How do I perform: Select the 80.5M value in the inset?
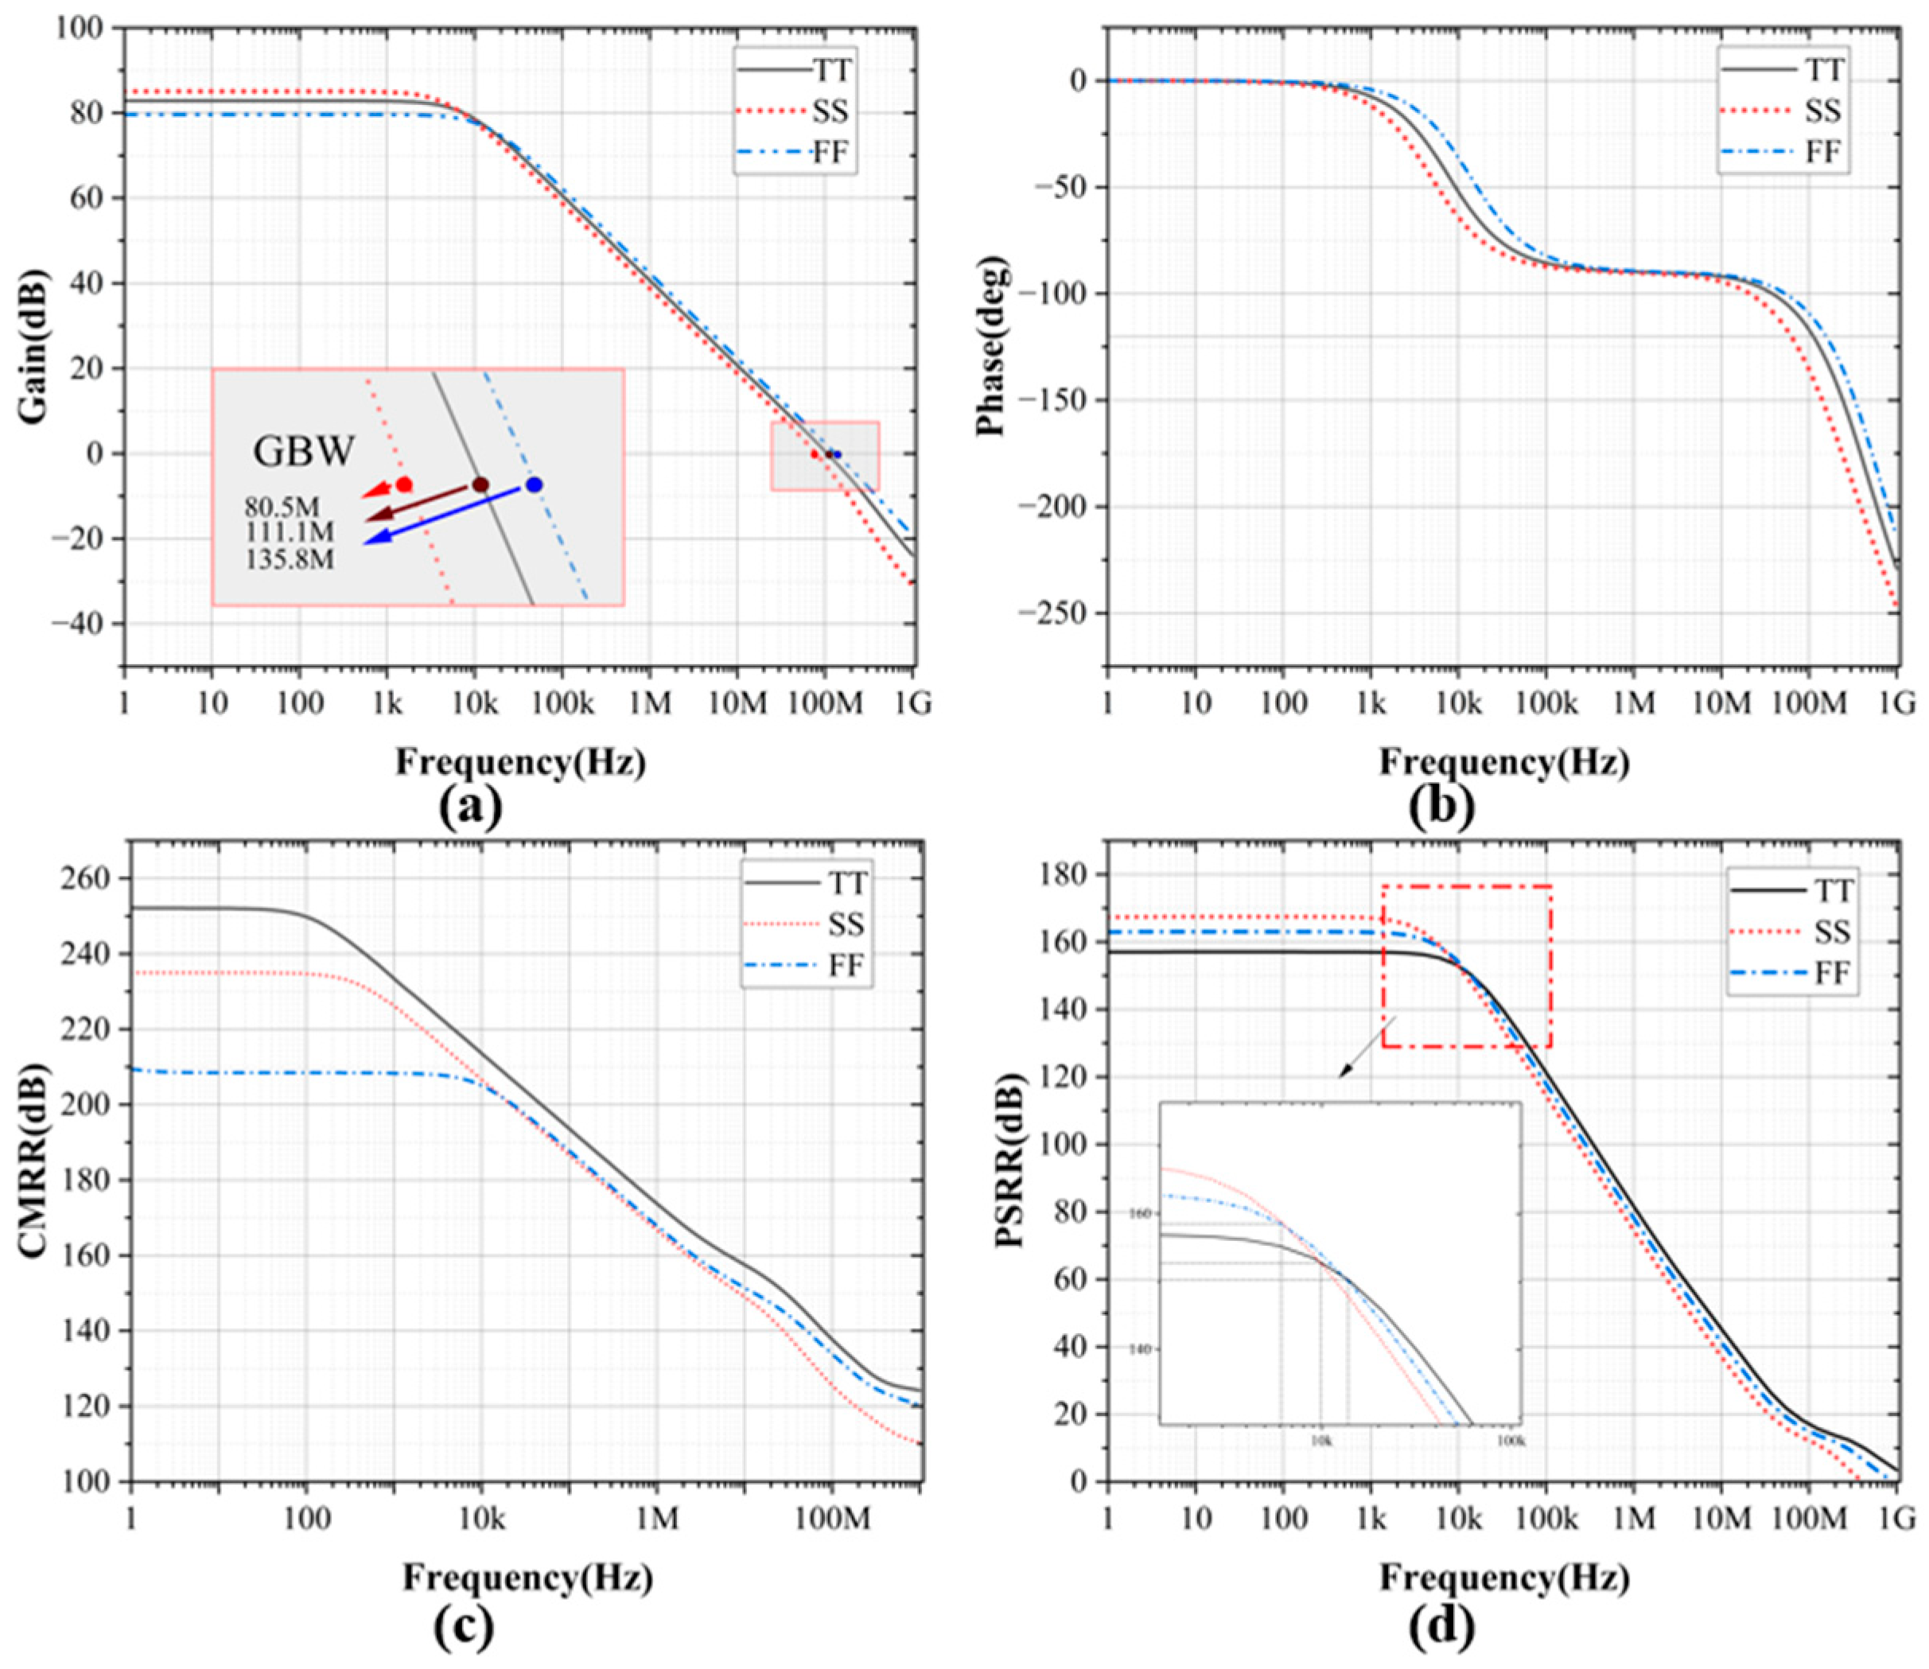tap(282, 508)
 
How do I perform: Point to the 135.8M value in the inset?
tap(290, 558)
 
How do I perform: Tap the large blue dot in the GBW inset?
tap(534, 484)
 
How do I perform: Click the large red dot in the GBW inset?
tap(404, 484)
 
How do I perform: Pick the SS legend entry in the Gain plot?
tap(829, 111)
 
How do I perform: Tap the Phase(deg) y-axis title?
tap(994, 347)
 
